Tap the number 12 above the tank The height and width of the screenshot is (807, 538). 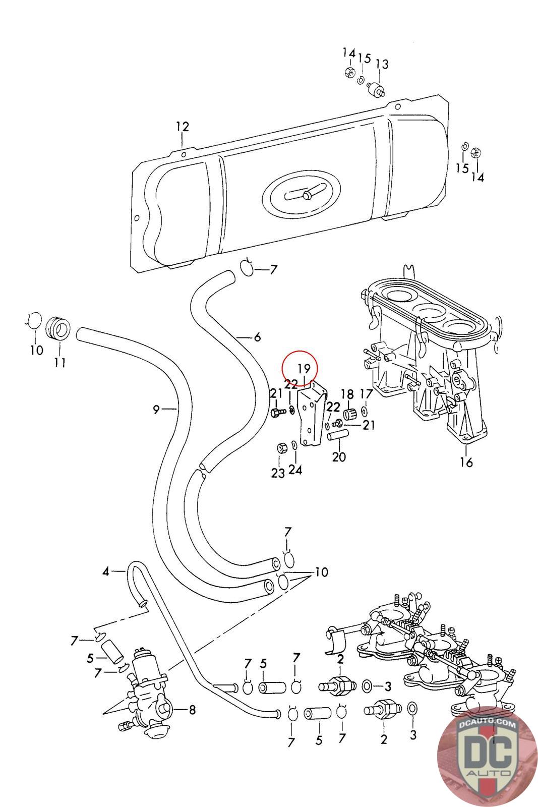182,127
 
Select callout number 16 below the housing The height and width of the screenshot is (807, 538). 466,462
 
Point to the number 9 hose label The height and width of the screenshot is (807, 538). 157,410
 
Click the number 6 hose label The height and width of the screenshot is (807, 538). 257,337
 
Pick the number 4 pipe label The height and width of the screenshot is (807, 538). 106,571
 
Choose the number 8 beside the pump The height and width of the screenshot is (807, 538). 192,710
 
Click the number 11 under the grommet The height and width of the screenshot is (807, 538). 59,362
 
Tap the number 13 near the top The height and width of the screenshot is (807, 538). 382,64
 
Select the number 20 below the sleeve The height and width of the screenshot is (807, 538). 339,457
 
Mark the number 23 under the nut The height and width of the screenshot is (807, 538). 277,473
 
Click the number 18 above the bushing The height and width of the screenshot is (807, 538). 347,394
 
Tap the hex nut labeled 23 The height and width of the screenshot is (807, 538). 282,447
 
